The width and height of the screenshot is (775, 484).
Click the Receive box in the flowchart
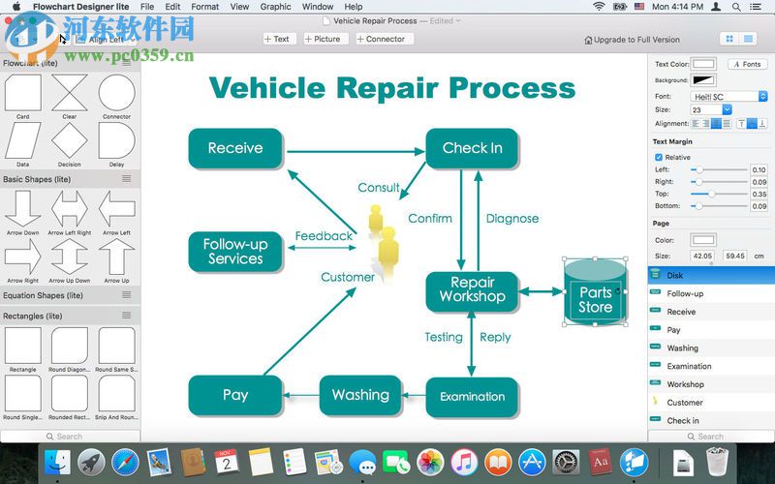tap(235, 148)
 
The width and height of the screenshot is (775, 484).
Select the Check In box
tap(472, 148)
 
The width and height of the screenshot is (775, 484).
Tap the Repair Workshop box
tap(472, 290)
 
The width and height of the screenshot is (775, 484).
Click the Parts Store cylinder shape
tap(595, 293)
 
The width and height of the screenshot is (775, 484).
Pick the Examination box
tap(472, 397)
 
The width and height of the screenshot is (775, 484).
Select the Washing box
tap(359, 395)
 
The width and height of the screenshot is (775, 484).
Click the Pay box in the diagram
tap(235, 395)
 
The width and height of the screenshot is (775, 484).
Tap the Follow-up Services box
tap(235, 252)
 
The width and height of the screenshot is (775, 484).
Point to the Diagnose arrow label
tap(511, 219)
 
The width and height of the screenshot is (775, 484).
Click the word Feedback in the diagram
tap(324, 236)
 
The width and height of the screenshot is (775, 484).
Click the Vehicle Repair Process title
tap(392, 88)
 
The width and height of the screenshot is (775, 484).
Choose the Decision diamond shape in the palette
tap(70, 141)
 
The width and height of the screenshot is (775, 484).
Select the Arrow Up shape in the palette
tap(116, 257)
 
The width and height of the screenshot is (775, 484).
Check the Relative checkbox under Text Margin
tap(659, 157)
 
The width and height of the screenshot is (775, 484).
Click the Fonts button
tap(747, 64)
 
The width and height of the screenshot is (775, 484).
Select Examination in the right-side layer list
tap(689, 366)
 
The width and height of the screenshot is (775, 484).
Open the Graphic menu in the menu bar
tap(275, 7)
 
